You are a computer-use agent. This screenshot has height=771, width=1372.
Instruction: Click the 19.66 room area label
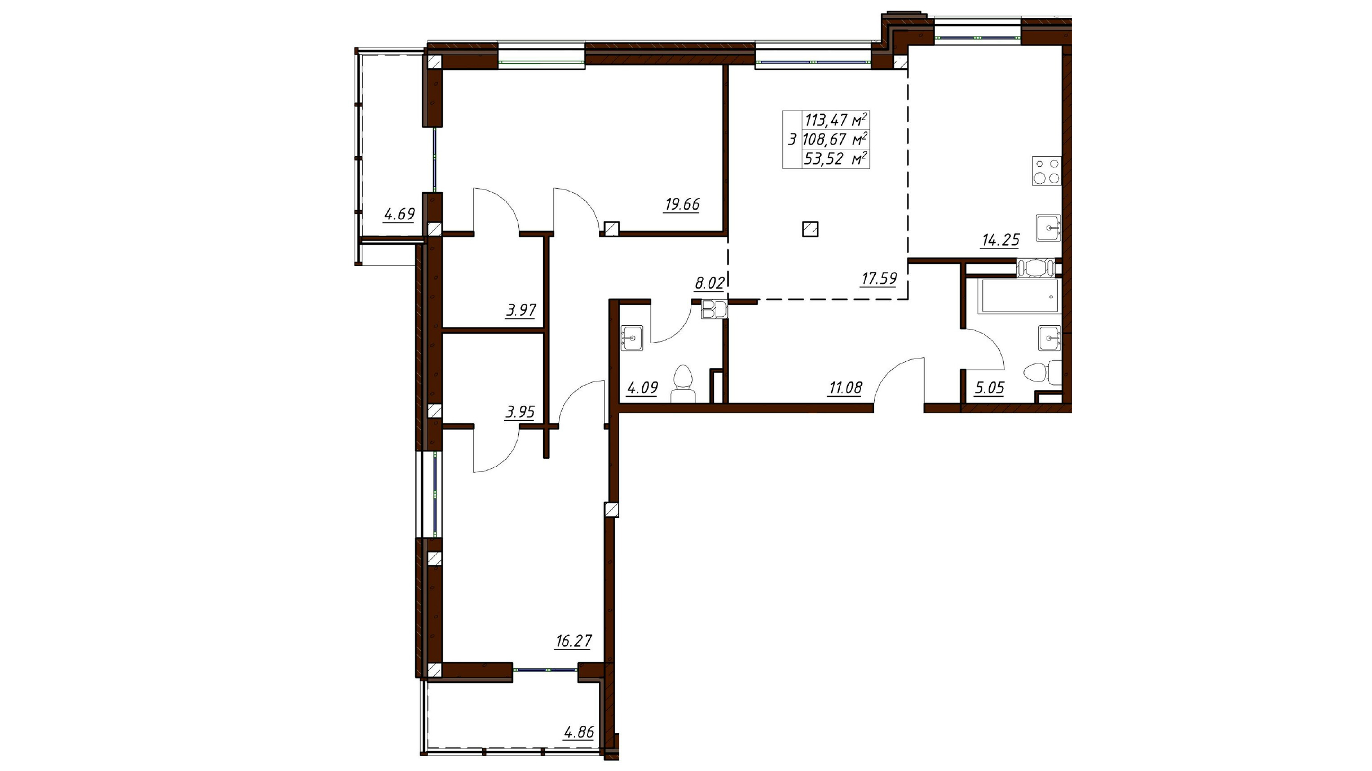pyautogui.click(x=682, y=204)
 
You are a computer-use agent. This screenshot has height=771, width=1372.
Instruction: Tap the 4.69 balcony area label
pyautogui.click(x=399, y=214)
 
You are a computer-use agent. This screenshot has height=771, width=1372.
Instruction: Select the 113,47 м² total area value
pyautogui.click(x=835, y=120)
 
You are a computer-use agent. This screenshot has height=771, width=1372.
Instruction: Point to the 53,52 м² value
pyautogui.click(x=835, y=159)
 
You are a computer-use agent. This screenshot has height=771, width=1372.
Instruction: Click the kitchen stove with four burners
pyautogui.click(x=1047, y=171)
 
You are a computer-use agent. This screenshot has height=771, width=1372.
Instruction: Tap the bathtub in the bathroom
pyautogui.click(x=1019, y=295)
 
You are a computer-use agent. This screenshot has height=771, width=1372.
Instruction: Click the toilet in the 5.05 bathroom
pyautogui.click(x=1043, y=373)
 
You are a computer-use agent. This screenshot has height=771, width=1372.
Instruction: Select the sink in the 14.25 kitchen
pyautogui.click(x=1048, y=228)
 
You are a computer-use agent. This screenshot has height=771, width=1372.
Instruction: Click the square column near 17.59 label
pyautogui.click(x=810, y=229)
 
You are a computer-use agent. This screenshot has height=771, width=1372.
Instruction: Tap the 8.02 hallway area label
pyautogui.click(x=709, y=283)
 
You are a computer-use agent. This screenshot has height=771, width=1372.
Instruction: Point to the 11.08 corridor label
pyautogui.click(x=845, y=388)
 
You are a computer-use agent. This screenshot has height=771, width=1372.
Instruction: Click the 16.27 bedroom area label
pyautogui.click(x=573, y=641)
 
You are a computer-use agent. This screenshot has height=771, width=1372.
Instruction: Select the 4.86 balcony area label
pyautogui.click(x=579, y=732)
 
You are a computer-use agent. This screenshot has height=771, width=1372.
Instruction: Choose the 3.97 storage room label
pyautogui.click(x=521, y=310)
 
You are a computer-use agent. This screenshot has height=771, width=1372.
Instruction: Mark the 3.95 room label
pyautogui.click(x=520, y=412)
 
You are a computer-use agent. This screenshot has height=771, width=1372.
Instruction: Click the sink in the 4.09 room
pyautogui.click(x=632, y=338)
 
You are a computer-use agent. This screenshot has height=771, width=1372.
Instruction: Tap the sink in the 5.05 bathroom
pyautogui.click(x=1049, y=338)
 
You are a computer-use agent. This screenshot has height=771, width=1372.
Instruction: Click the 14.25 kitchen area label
pyautogui.click(x=1000, y=240)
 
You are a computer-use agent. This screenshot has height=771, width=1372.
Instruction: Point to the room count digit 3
pyautogui.click(x=792, y=139)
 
